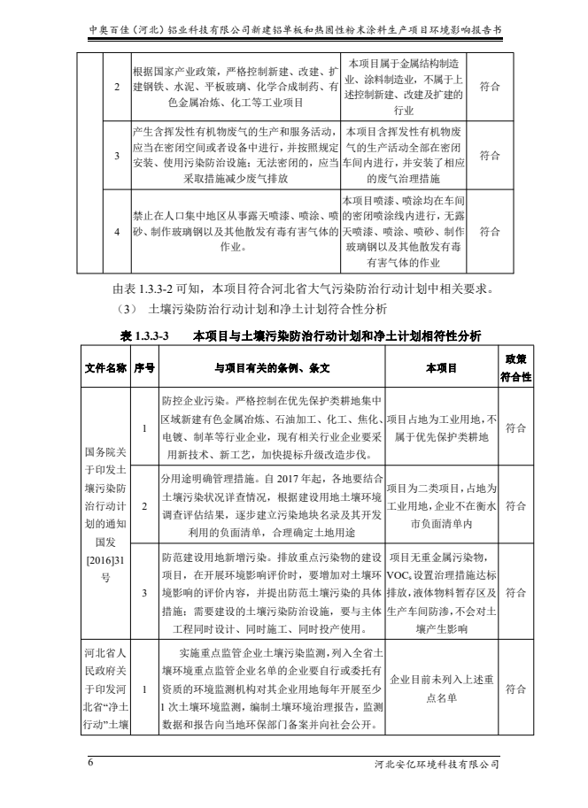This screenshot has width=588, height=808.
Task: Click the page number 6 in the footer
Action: coord(89,763)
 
